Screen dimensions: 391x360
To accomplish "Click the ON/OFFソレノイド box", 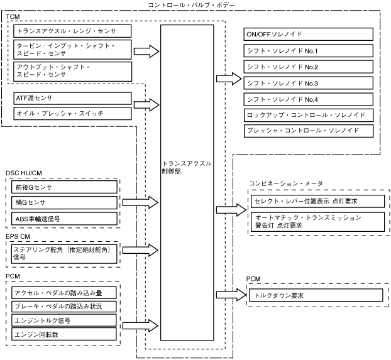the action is (x=308, y=34).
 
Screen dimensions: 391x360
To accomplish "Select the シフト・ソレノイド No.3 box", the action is (x=308, y=83).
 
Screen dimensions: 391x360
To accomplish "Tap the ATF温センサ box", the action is (x=72, y=98).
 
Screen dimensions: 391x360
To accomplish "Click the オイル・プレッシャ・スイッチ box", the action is (x=72, y=114).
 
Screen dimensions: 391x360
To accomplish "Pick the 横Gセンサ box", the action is (x=64, y=202).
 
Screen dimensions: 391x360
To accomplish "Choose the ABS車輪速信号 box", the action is (x=64, y=219).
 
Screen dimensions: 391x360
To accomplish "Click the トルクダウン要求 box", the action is (x=316, y=295).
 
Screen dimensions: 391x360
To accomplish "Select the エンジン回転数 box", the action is (x=64, y=334).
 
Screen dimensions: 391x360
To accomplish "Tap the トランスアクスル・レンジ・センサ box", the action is (x=72, y=31).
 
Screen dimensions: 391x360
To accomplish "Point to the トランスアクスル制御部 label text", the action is (x=187, y=167).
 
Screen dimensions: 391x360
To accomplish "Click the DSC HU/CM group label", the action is (x=24, y=173).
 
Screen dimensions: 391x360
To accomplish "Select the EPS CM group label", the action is (x=18, y=236).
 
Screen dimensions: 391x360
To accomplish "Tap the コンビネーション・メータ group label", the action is (x=286, y=183).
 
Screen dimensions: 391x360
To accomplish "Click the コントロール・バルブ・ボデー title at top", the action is (x=192, y=5).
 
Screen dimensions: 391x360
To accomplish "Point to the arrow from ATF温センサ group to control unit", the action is (x=146, y=105).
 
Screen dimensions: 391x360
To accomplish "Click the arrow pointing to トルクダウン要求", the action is (x=231, y=295).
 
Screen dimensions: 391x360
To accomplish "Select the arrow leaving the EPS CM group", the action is (x=140, y=250).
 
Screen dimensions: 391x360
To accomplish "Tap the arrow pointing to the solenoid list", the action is (x=229, y=79).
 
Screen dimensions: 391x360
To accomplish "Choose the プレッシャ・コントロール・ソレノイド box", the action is (x=309, y=131).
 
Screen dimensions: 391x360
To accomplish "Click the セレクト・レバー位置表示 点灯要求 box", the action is (x=317, y=201).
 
